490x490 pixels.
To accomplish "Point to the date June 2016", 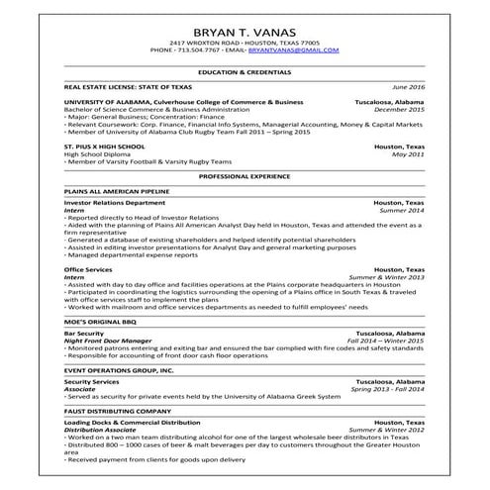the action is [x=408, y=87].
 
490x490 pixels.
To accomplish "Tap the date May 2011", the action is [x=409, y=154].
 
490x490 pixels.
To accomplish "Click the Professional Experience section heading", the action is [x=245, y=175].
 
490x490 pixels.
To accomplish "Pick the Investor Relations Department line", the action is [x=115, y=203].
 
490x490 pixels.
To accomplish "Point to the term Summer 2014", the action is [x=401, y=211].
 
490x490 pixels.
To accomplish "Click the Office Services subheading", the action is [x=87, y=269].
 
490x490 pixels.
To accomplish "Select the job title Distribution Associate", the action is [x=99, y=430].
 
